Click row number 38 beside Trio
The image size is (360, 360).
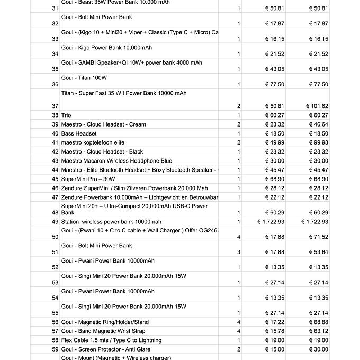click(x=55, y=115)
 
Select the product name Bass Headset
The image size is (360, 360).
click(x=79, y=134)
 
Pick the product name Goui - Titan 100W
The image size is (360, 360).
click(x=84, y=78)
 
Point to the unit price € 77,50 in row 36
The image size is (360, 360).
click(x=275, y=84)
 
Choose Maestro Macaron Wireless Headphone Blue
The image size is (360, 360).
click(x=116, y=161)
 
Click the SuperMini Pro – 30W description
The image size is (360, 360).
click(x=88, y=179)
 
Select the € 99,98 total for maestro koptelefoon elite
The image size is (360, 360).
click(x=318, y=142)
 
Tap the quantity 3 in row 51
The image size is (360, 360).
click(x=239, y=253)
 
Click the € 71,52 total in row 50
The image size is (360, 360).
click(x=318, y=237)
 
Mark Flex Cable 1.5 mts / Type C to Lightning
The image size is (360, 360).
click(x=111, y=340)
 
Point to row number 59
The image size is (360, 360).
click(x=55, y=349)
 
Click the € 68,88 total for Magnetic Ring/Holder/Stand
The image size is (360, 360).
click(x=318, y=322)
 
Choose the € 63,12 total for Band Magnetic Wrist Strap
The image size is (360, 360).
click(x=318, y=331)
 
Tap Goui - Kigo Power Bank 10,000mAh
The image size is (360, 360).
click(x=106, y=48)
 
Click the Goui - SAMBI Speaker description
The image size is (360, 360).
click(x=131, y=63)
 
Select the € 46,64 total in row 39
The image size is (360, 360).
click(x=318, y=124)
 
